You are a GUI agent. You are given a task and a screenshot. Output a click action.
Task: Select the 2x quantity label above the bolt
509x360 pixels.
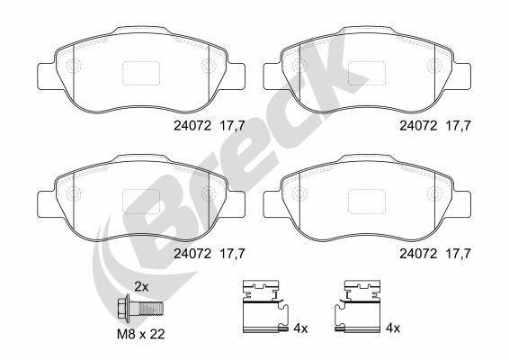tap(140, 286)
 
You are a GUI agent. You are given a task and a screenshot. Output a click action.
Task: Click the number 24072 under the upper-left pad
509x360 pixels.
tap(194, 128)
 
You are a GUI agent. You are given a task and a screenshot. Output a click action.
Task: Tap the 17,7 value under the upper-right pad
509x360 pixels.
tap(459, 128)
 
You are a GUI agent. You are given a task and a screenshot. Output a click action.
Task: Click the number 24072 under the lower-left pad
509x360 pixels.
tap(194, 254)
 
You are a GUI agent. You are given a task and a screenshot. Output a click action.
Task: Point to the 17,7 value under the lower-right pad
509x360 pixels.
tap(459, 254)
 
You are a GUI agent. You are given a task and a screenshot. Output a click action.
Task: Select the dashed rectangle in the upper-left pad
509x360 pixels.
tap(139, 71)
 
